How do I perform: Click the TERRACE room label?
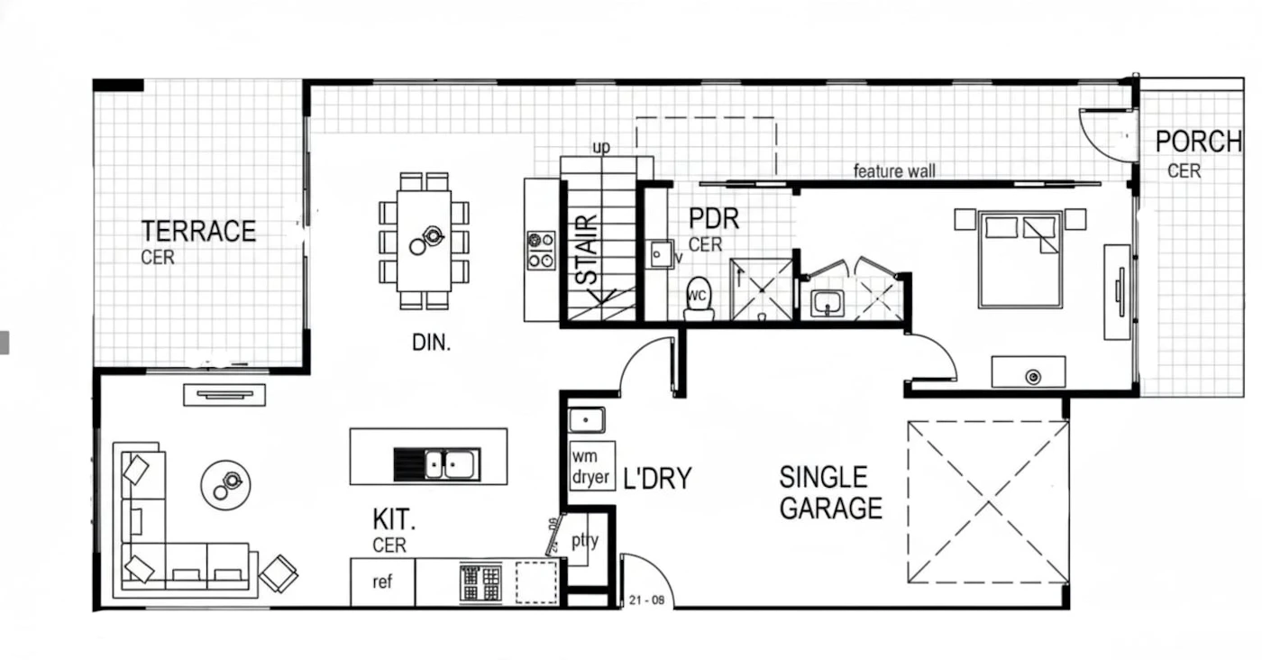(x=198, y=231)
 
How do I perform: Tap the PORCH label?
(x=1199, y=142)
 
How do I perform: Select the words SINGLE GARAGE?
(x=830, y=492)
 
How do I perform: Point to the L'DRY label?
(x=657, y=479)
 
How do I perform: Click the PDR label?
(x=714, y=219)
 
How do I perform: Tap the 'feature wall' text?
(x=894, y=170)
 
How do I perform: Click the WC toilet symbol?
(x=699, y=298)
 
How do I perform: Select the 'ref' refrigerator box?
(x=382, y=582)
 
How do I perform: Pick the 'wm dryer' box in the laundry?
(x=591, y=466)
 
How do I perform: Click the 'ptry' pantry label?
(x=585, y=540)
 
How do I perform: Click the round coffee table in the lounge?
(x=226, y=485)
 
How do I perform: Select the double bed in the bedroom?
(x=1020, y=260)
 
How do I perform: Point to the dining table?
(x=424, y=242)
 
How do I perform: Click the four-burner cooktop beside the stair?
(x=541, y=251)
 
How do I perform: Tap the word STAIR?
(x=587, y=250)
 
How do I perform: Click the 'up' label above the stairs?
(x=601, y=147)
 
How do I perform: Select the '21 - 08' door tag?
(x=647, y=600)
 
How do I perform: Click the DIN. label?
(x=431, y=343)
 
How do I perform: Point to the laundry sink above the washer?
(x=587, y=420)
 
